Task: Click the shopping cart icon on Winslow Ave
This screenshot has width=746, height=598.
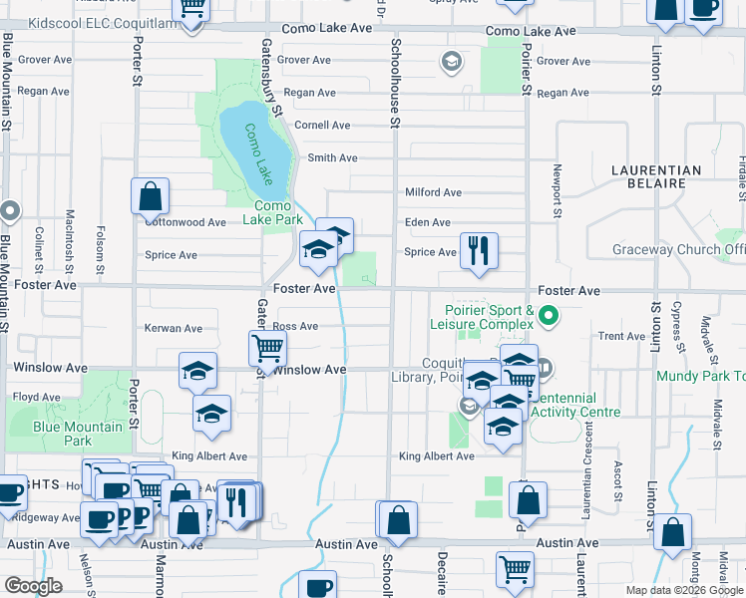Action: click(x=267, y=349)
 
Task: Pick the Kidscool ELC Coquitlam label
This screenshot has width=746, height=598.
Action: click(x=93, y=22)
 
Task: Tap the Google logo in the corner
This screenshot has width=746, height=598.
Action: click(x=33, y=586)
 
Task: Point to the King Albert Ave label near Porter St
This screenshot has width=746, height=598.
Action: click(x=209, y=456)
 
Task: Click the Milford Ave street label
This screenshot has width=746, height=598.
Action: click(x=433, y=192)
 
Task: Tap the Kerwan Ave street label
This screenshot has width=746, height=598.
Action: click(x=174, y=328)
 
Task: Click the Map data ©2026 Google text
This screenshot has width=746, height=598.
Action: click(x=684, y=590)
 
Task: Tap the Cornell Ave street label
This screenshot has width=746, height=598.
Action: click(x=322, y=126)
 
